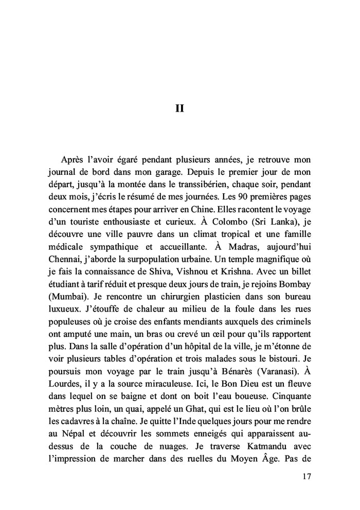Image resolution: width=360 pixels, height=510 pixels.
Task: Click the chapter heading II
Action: (x=180, y=109)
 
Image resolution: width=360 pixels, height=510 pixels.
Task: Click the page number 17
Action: (x=306, y=477)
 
